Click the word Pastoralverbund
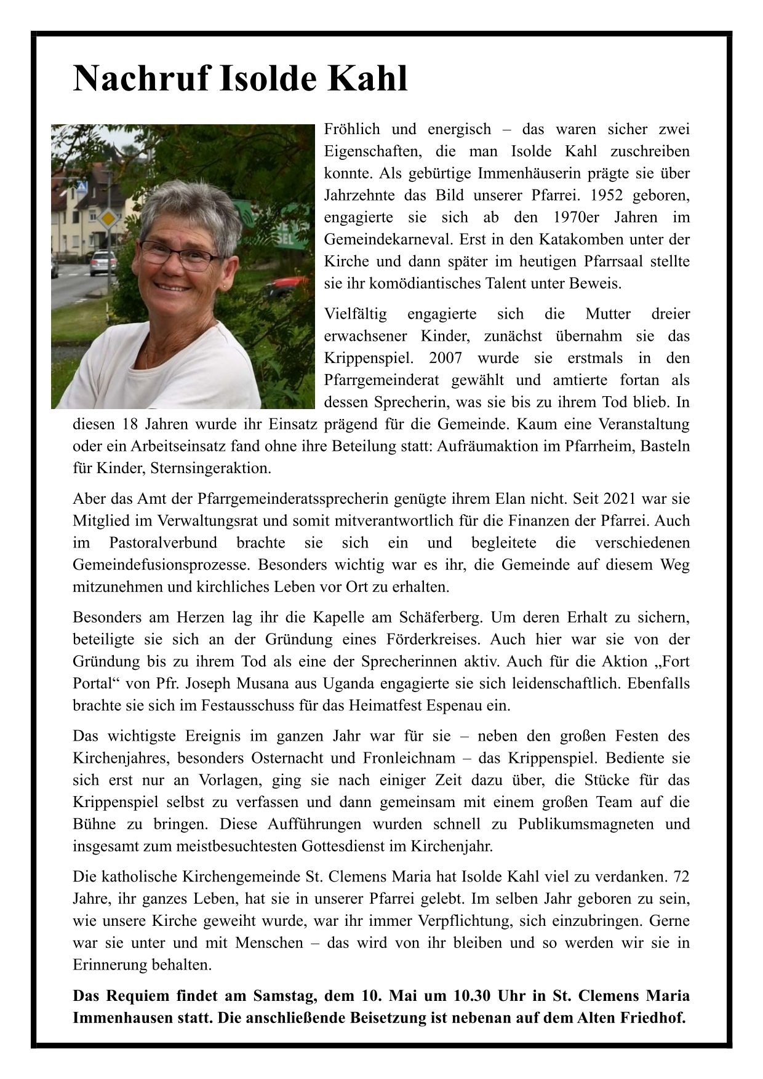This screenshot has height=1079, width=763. (163, 543)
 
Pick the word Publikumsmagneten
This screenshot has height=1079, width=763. (586, 824)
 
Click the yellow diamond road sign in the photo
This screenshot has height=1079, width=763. (108, 219)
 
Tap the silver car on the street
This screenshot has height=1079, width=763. (103, 262)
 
